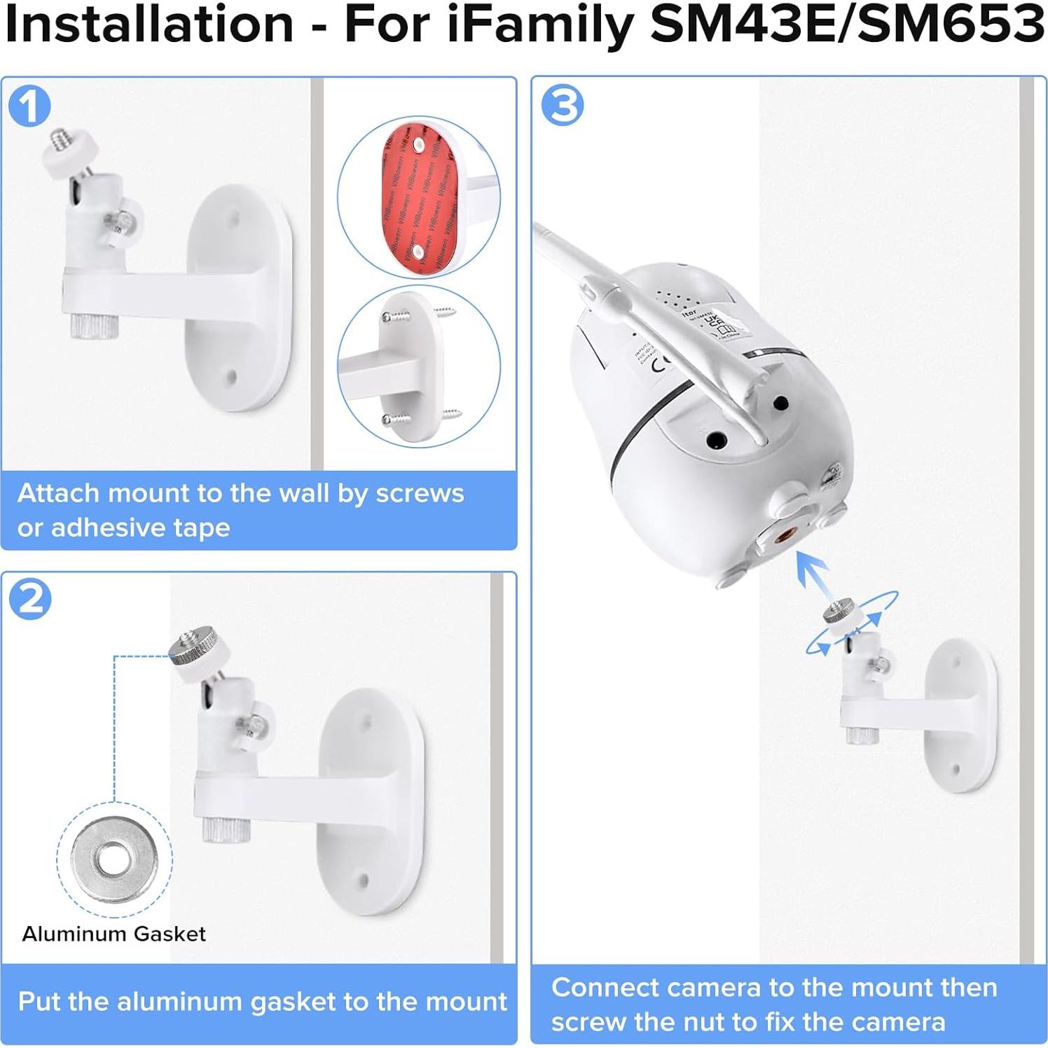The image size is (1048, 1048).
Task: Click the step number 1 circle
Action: (x=29, y=106)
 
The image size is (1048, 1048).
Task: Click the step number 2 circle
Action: (x=29, y=599)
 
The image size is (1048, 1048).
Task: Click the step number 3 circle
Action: (x=563, y=105)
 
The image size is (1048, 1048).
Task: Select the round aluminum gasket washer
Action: (x=113, y=860)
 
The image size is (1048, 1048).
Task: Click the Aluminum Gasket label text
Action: (x=113, y=934)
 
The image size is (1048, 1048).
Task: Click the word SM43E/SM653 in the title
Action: (x=847, y=25)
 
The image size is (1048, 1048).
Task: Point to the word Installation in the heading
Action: (x=149, y=25)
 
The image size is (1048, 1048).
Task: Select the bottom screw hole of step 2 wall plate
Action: (x=363, y=880)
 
